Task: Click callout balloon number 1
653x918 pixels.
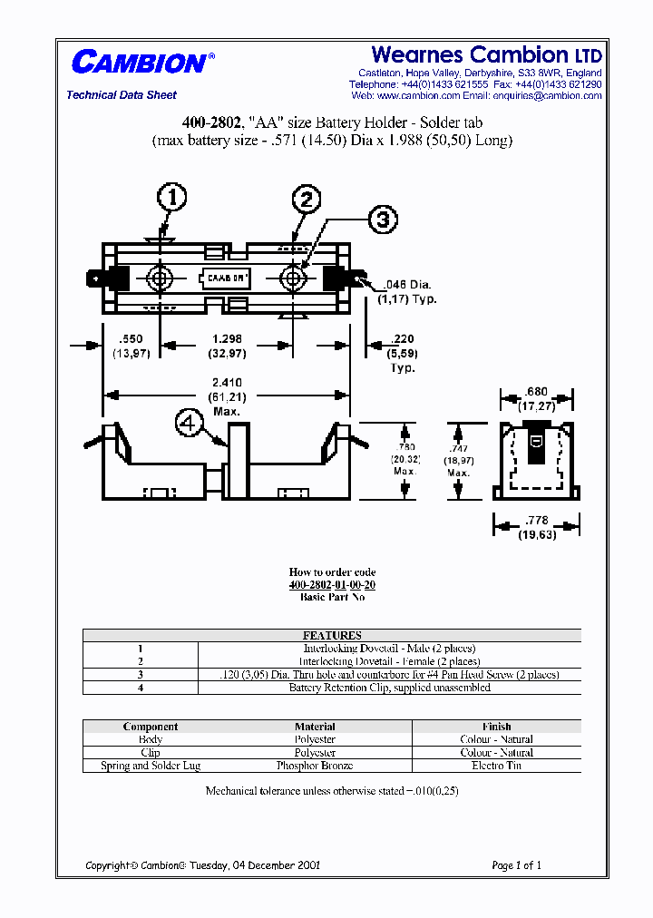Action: pyautogui.click(x=172, y=197)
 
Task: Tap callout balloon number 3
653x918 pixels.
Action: pyautogui.click(x=383, y=219)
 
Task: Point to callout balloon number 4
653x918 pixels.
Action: pyautogui.click(x=189, y=423)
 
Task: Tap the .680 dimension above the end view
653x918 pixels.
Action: pyautogui.click(x=536, y=393)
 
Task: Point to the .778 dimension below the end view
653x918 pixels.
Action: pyautogui.click(x=536, y=521)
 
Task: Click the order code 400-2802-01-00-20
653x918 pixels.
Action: pyautogui.click(x=332, y=585)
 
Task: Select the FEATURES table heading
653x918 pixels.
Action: pyautogui.click(x=332, y=636)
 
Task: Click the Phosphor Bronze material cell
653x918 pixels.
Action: pyautogui.click(x=315, y=766)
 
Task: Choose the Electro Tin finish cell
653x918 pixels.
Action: pyautogui.click(x=496, y=766)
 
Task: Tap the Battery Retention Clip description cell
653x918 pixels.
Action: pyautogui.click(x=389, y=688)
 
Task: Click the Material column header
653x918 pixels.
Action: pyautogui.click(x=315, y=727)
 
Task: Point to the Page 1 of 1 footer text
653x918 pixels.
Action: pyautogui.click(x=516, y=865)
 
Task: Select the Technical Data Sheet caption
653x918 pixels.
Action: pyautogui.click(x=122, y=95)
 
